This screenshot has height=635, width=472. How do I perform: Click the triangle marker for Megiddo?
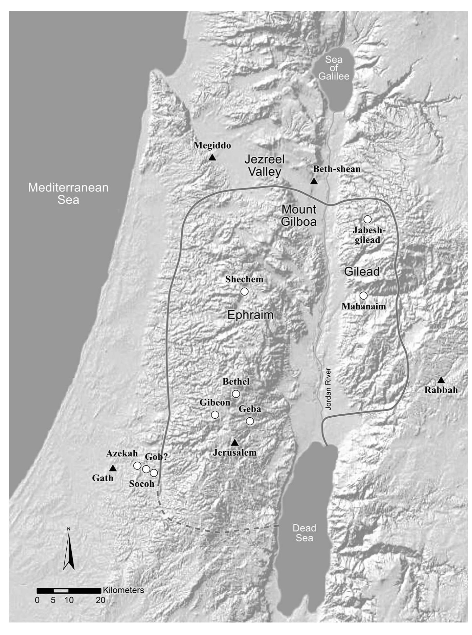click(212, 157)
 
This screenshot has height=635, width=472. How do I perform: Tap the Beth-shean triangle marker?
click(314, 181)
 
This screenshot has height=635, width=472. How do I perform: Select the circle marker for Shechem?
click(244, 291)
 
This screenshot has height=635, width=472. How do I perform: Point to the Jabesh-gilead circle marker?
click(367, 219)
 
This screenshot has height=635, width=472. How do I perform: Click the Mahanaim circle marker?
click(363, 295)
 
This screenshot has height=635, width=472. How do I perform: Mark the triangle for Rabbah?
click(441, 380)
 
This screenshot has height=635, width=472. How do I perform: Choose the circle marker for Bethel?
click(236, 394)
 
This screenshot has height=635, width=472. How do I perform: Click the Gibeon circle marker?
click(215, 415)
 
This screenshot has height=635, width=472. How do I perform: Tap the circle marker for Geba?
click(250, 421)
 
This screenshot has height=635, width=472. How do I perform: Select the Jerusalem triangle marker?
click(235, 443)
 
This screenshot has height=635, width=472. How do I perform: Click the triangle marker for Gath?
click(113, 468)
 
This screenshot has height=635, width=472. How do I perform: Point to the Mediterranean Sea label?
click(68, 193)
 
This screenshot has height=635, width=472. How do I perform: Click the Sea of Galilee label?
click(334, 68)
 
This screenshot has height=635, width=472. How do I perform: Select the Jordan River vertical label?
click(328, 389)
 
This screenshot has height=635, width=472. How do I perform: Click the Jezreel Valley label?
click(265, 165)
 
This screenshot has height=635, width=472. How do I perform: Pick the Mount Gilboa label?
click(299, 215)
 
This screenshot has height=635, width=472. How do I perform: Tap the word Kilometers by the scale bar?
click(123, 590)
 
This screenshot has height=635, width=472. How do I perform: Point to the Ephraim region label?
click(250, 315)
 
